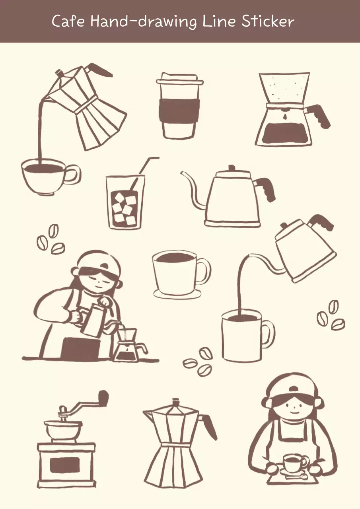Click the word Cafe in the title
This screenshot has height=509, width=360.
(68, 21)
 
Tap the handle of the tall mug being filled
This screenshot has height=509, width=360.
(269, 334)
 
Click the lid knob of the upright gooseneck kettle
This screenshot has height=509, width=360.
(232, 168)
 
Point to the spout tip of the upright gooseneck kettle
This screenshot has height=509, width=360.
(182, 173)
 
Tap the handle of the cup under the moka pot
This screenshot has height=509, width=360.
(73, 175)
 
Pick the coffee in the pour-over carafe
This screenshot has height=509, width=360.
(283, 132)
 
